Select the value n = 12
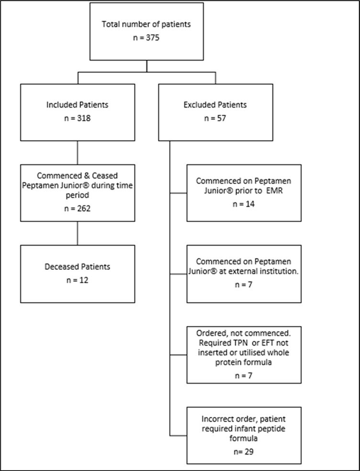point(77,279)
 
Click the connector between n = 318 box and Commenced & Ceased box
point(77,153)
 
